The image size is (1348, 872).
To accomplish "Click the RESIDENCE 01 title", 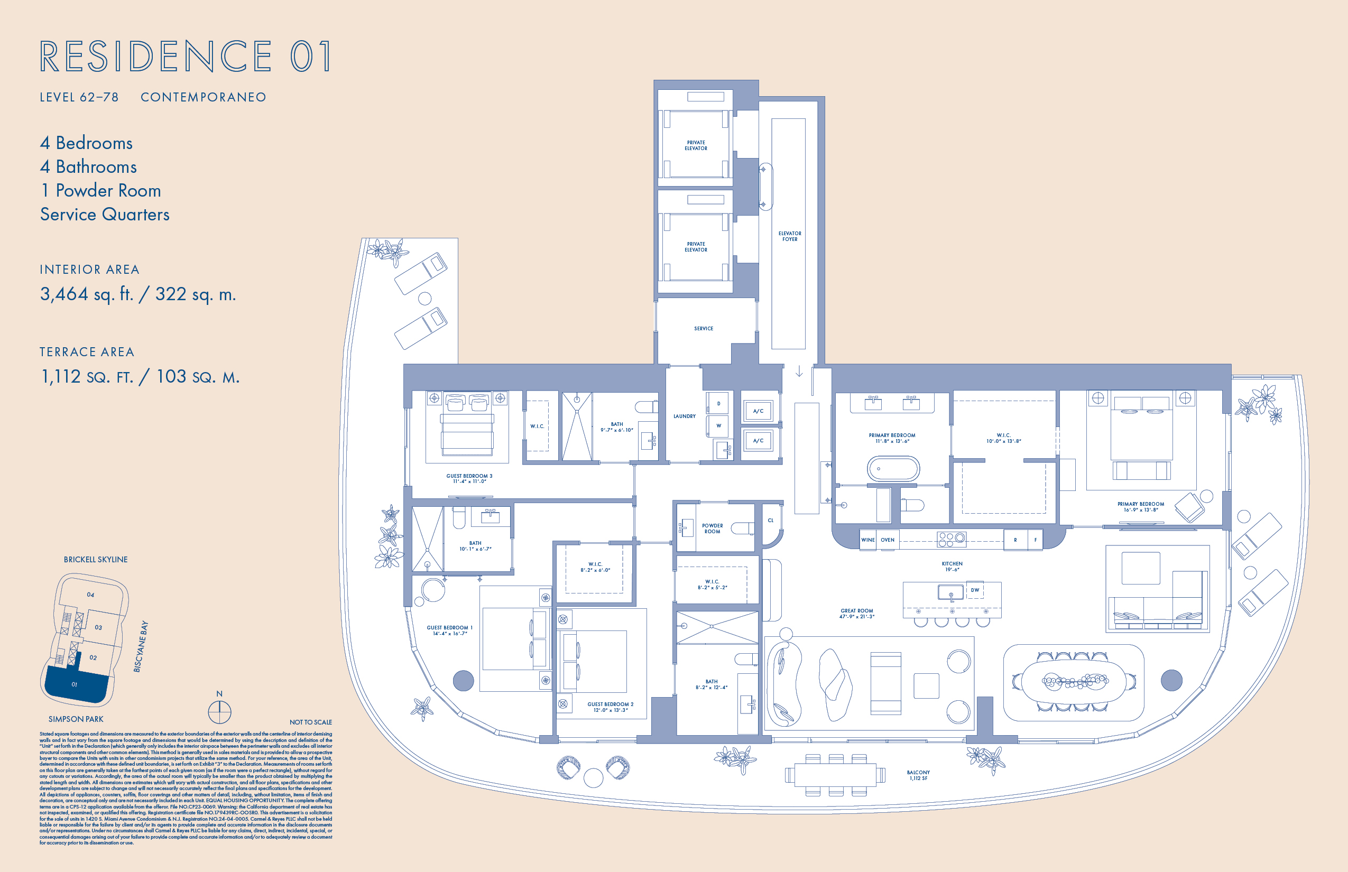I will click(x=186, y=57).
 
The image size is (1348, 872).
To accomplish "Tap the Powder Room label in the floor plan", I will click(x=712, y=528).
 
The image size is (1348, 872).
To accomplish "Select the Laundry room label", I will click(x=684, y=416).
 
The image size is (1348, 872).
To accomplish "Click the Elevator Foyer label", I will click(x=790, y=236).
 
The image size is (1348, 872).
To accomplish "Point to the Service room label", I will click(x=704, y=328).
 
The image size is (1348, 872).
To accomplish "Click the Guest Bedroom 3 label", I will click(x=469, y=478).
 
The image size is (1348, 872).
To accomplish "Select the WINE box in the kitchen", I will click(x=867, y=540).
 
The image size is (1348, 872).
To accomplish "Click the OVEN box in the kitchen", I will click(x=888, y=540).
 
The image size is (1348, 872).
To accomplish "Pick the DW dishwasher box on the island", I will click(x=975, y=590).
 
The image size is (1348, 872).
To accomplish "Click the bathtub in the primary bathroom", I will click(x=893, y=469).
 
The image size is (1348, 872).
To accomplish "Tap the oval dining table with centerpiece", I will click(x=1074, y=681).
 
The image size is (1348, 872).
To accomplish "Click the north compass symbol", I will click(x=219, y=712).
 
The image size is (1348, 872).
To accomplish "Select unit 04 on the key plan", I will click(x=90, y=595).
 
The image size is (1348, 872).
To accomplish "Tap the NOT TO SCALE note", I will click(x=310, y=722).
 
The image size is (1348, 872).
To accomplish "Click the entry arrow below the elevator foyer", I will click(x=799, y=372).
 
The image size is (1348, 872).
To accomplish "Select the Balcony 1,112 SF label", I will click(x=918, y=775).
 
